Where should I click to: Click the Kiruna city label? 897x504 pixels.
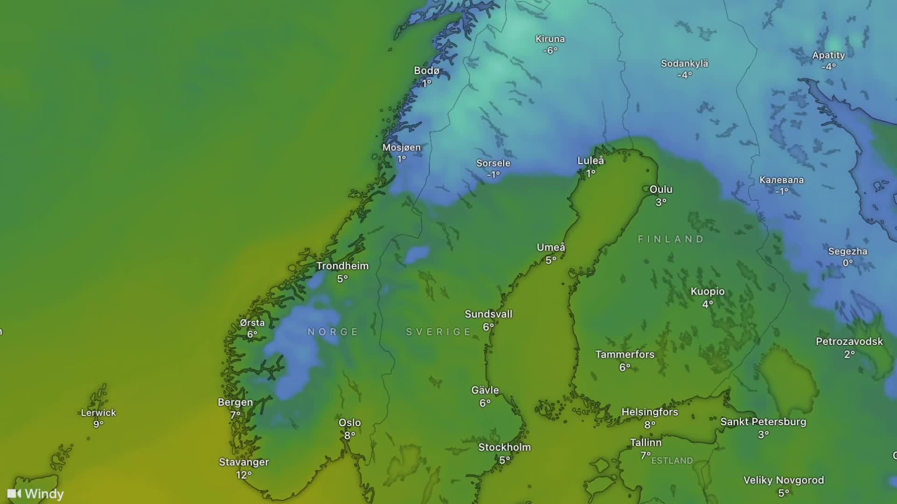[550, 39]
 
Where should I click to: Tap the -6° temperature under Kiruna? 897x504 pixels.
[550, 51]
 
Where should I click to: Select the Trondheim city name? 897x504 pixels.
[343, 266]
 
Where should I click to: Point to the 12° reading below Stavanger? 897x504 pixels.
[244, 475]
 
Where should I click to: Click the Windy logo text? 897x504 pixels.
[44, 494]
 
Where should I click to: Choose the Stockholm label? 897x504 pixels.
[505, 448]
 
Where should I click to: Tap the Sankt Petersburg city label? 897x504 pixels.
[763, 422]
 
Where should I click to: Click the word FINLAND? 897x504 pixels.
[671, 239]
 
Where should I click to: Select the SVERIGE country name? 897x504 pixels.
[438, 332]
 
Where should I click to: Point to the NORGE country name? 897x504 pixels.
[333, 332]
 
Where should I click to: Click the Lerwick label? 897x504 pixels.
[99, 413]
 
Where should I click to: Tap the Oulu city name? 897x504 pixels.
[661, 189]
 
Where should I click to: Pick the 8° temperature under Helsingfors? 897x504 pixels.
[650, 424]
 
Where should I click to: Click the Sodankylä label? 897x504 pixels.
[685, 63]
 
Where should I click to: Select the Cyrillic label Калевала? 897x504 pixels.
[782, 180]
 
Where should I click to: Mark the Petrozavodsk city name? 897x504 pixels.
[849, 342]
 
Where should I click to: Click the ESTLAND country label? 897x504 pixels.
[672, 461]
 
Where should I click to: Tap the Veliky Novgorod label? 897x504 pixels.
[784, 480]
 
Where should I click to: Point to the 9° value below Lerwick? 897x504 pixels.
[99, 424]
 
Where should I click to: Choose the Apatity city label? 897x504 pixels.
[829, 55]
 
